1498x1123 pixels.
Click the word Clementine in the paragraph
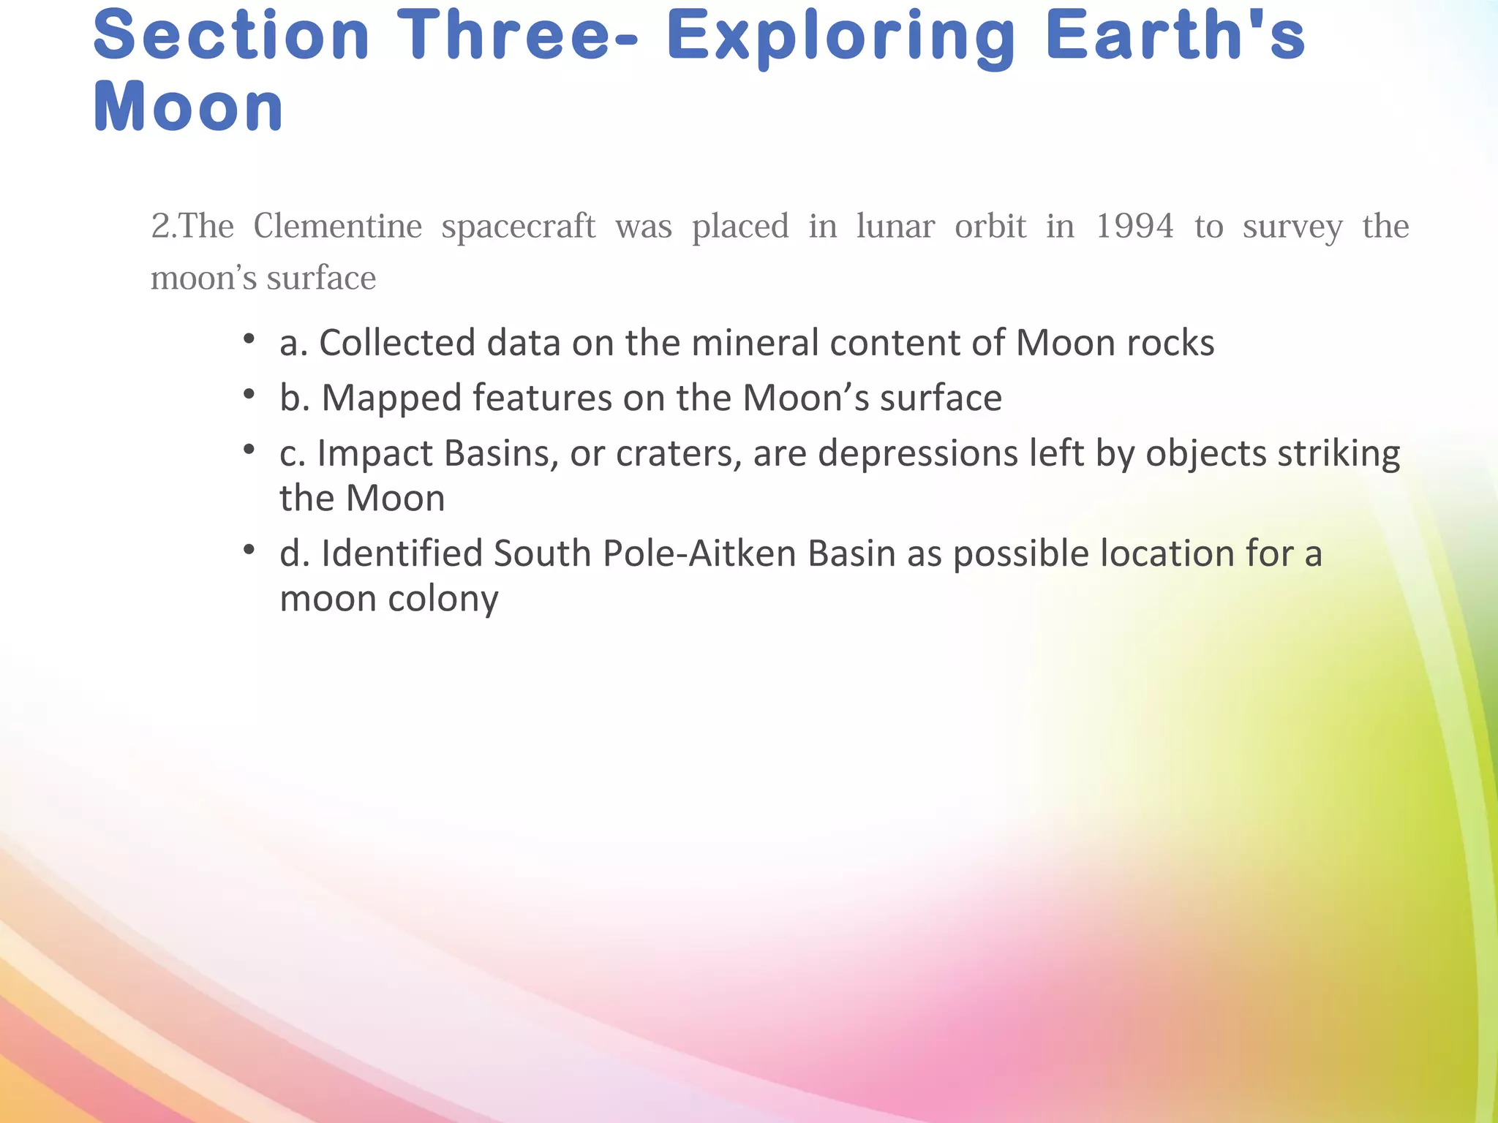tap(337, 226)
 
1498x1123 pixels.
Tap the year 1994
tap(1134, 226)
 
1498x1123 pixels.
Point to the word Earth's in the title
tap(1175, 37)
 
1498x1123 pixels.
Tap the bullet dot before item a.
tap(249, 339)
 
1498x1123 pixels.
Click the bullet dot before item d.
tap(249, 549)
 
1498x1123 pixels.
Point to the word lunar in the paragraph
tap(895, 226)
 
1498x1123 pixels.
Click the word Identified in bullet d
tap(400, 553)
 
